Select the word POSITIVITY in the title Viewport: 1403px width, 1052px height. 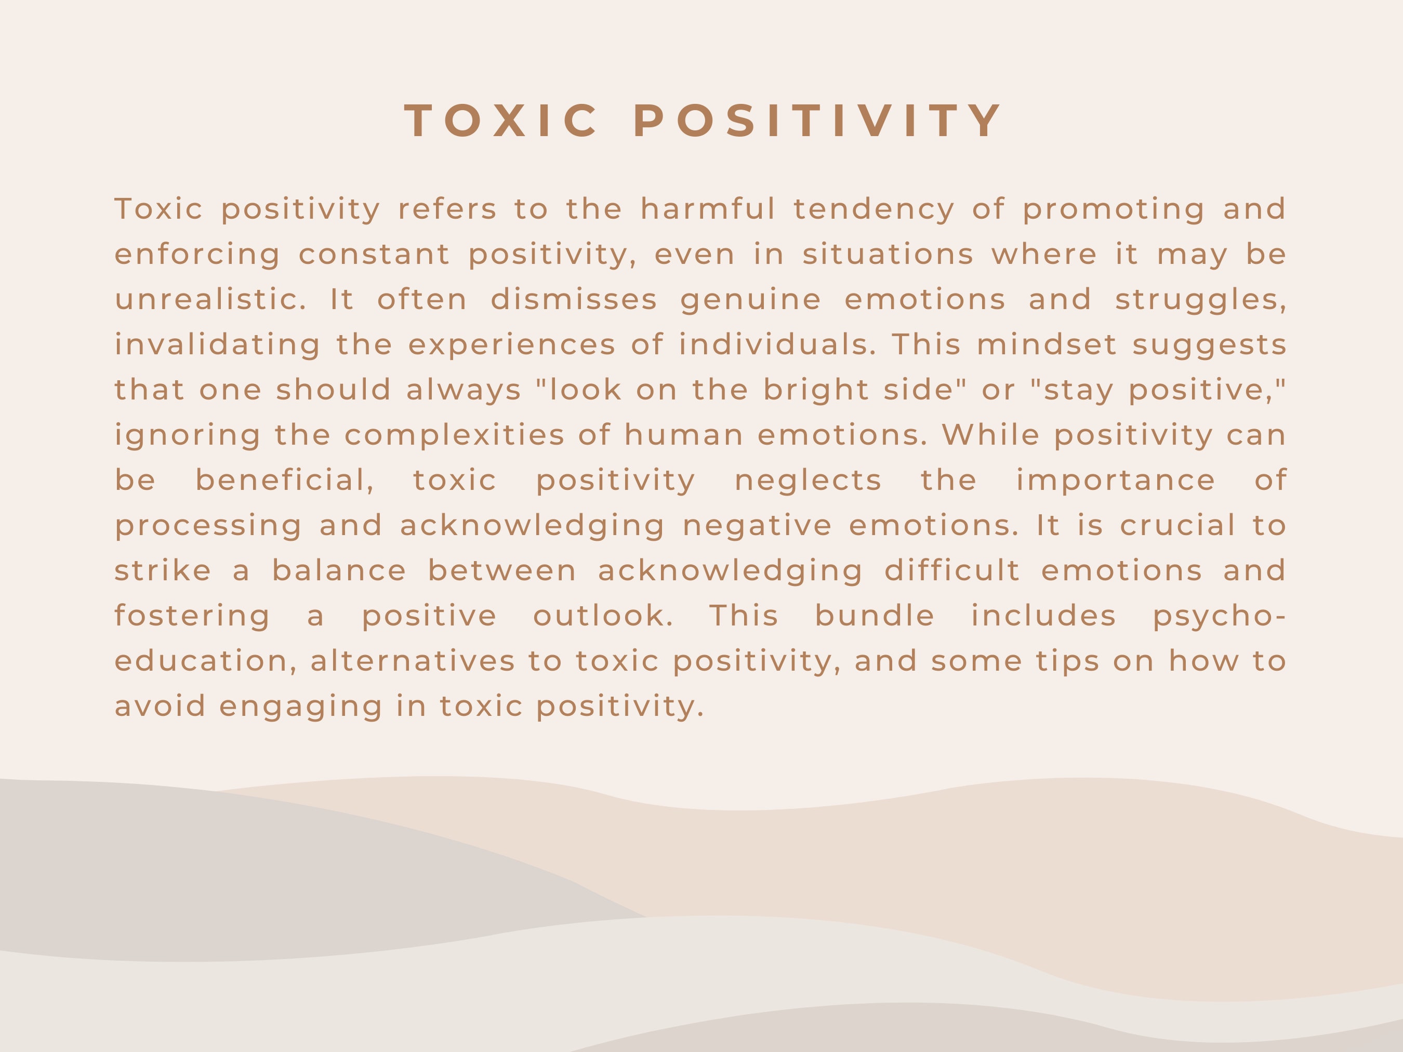(x=817, y=121)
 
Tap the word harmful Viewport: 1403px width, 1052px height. (x=708, y=209)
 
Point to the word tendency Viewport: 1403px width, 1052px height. (x=874, y=210)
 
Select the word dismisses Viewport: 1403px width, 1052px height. (x=574, y=299)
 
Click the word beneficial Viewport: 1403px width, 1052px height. (x=285, y=481)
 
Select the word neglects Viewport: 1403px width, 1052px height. (x=808, y=481)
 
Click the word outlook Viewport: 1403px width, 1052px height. (x=603, y=616)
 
